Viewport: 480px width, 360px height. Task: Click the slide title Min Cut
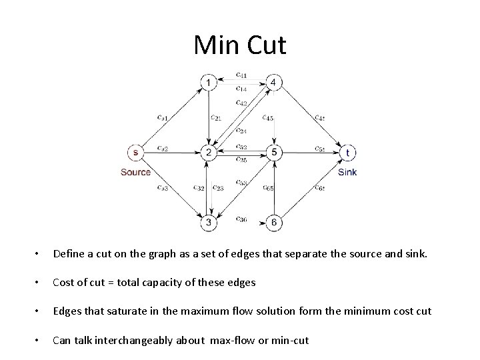click(240, 45)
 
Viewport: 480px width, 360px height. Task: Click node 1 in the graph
click(210, 83)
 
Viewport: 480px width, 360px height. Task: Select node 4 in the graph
click(275, 83)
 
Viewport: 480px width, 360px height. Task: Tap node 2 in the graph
click(209, 153)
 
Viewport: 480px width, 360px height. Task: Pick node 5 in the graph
click(274, 153)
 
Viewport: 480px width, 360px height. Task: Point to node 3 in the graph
click(209, 221)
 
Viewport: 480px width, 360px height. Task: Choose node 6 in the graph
click(274, 221)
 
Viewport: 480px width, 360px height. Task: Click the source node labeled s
click(135, 153)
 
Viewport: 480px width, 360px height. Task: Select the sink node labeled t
click(348, 153)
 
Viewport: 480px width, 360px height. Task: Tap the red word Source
click(135, 172)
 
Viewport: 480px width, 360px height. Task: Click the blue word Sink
click(347, 172)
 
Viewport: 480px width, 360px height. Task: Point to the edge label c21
click(216, 118)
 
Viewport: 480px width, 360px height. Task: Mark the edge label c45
click(268, 118)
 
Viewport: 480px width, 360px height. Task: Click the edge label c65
click(268, 188)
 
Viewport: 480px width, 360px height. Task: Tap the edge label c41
click(241, 74)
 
